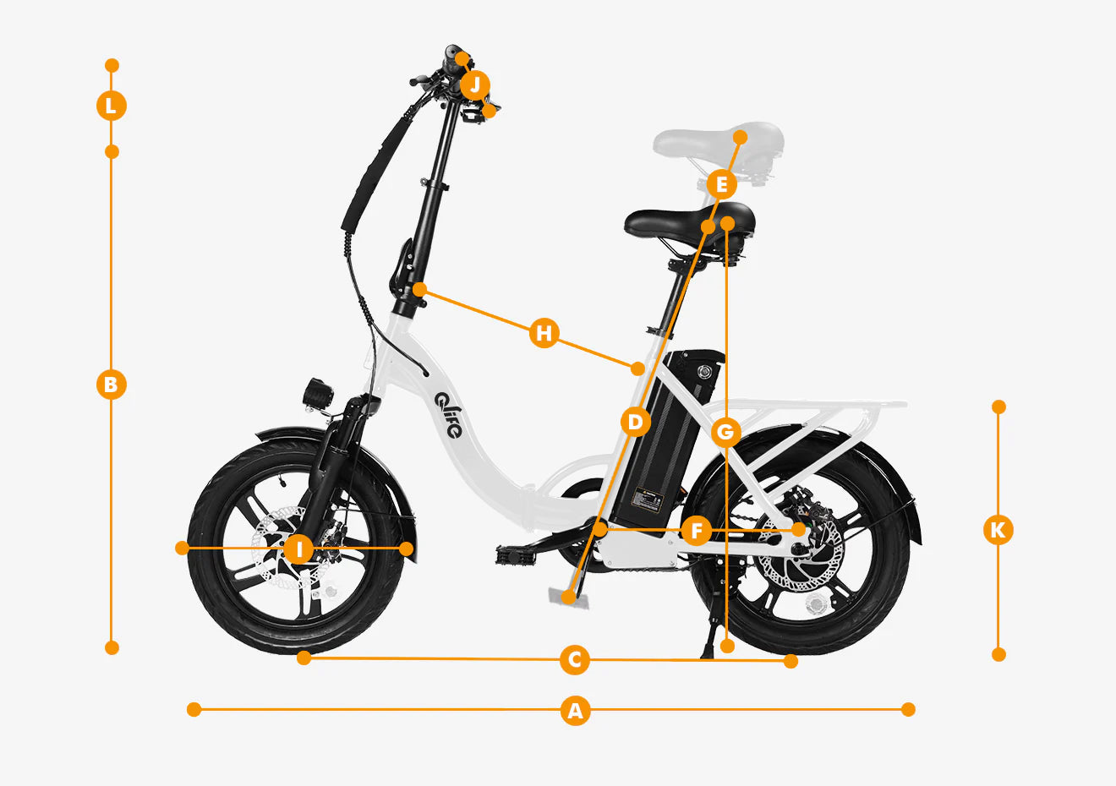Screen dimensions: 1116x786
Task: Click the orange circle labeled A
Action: click(x=576, y=710)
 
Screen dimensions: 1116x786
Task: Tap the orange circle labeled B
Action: click(x=111, y=385)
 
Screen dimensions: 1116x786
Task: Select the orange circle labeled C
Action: click(x=575, y=660)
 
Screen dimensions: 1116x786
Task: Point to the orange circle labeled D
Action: click(x=635, y=423)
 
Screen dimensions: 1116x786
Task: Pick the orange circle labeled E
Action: click(x=721, y=185)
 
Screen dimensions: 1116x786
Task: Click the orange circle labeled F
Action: click(x=697, y=531)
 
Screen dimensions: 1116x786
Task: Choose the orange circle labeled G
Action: click(x=726, y=432)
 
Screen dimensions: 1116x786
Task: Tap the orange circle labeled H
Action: click(x=544, y=333)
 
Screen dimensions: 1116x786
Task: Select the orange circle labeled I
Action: click(x=298, y=549)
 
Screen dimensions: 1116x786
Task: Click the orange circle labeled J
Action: click(x=475, y=85)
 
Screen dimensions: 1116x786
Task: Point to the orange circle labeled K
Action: click(x=998, y=529)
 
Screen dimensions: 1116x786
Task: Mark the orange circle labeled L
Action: click(x=111, y=106)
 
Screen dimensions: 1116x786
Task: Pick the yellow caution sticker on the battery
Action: click(x=648, y=499)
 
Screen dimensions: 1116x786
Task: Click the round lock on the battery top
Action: click(x=704, y=371)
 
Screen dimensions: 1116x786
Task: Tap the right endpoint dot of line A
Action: click(x=908, y=709)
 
